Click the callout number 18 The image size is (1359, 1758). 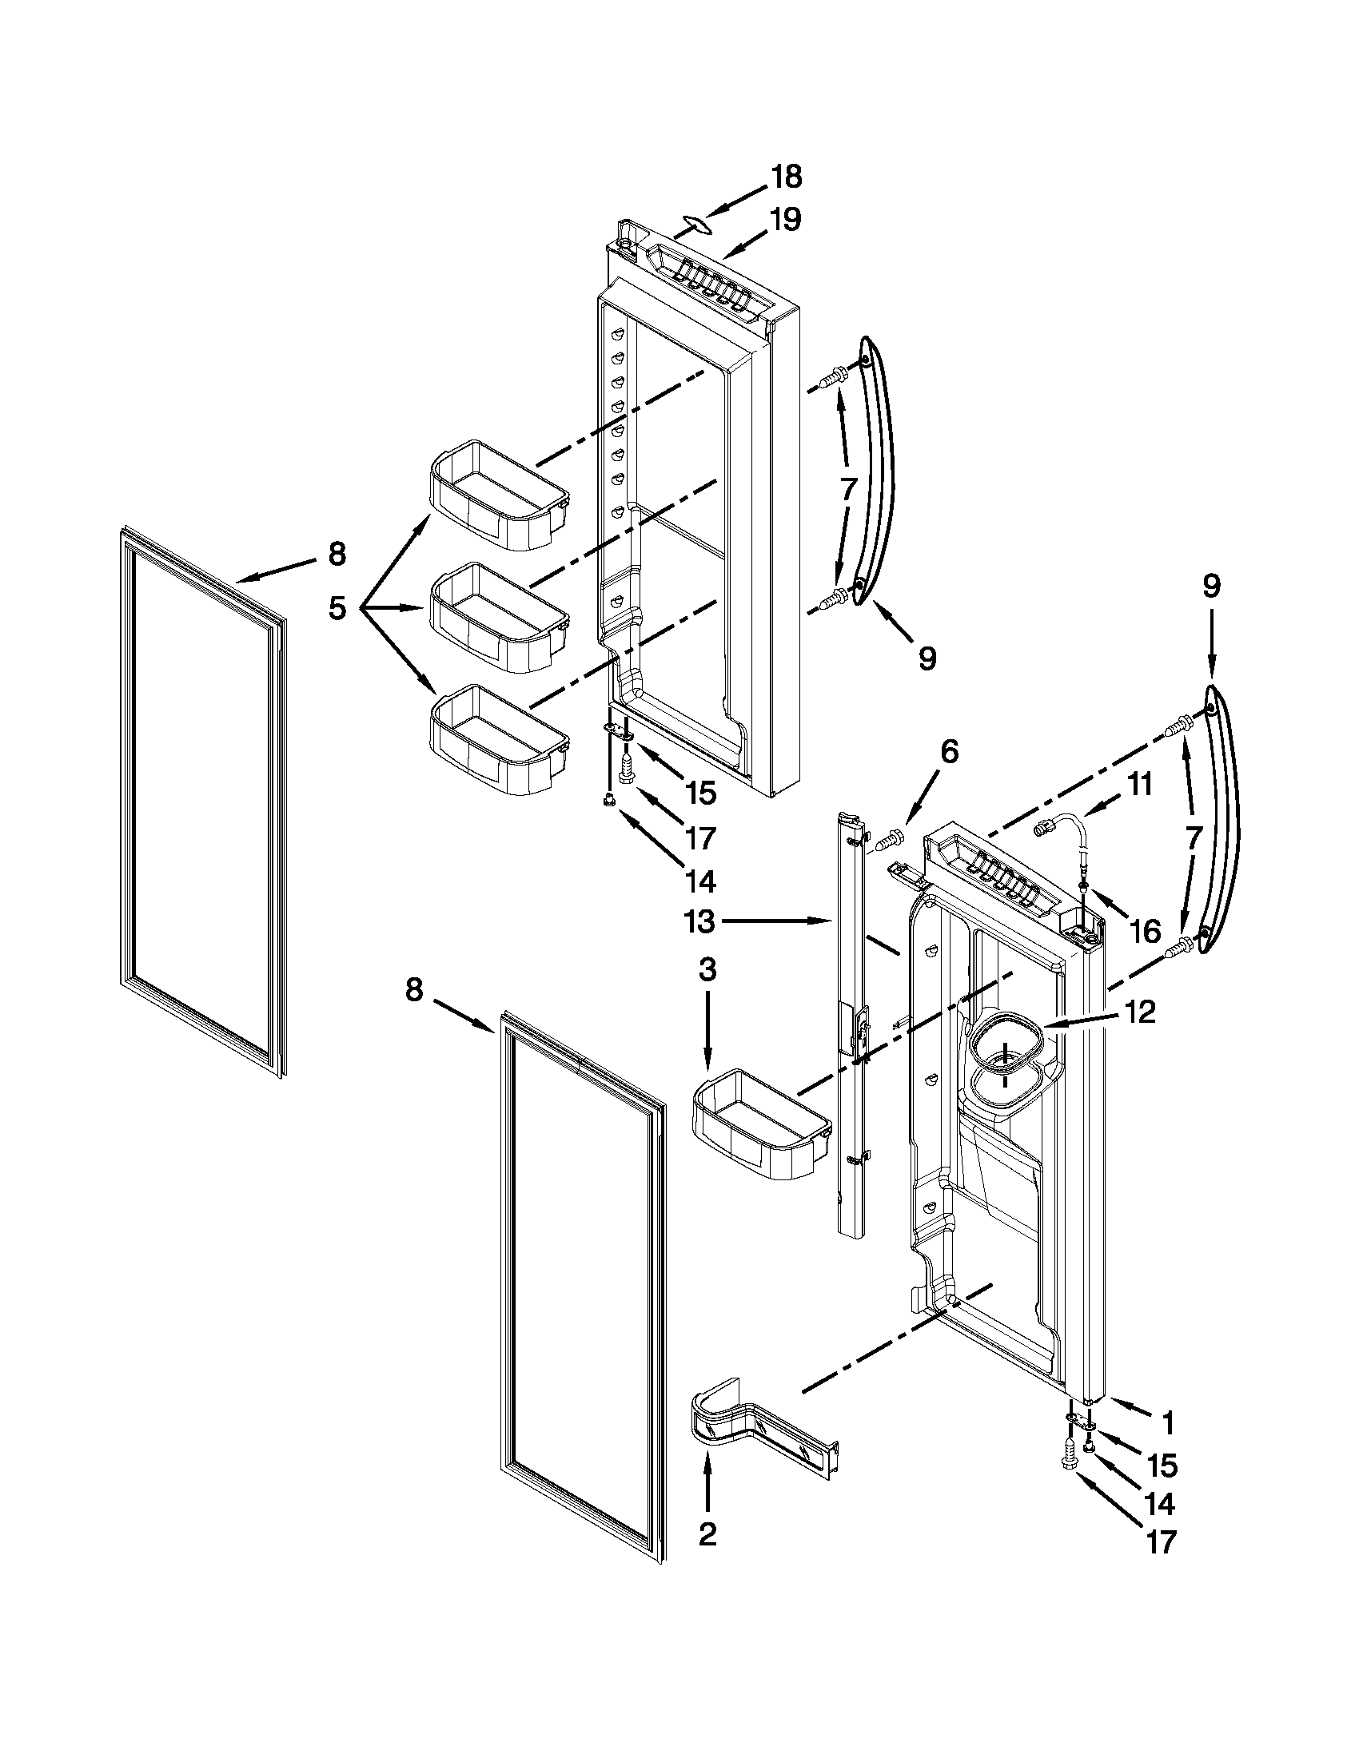pyautogui.click(x=787, y=177)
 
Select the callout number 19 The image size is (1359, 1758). pyautogui.click(x=785, y=219)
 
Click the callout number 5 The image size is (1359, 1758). pyautogui.click(x=337, y=610)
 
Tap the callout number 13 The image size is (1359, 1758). pyautogui.click(x=699, y=921)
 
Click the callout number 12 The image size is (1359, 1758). pyautogui.click(x=1141, y=1012)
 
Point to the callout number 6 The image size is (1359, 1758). pyautogui.click(x=949, y=753)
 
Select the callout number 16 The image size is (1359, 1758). pyautogui.click(x=1145, y=931)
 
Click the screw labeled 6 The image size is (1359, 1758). pyautogui.click(x=887, y=842)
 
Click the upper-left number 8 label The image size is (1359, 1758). pyautogui.click(x=337, y=553)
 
